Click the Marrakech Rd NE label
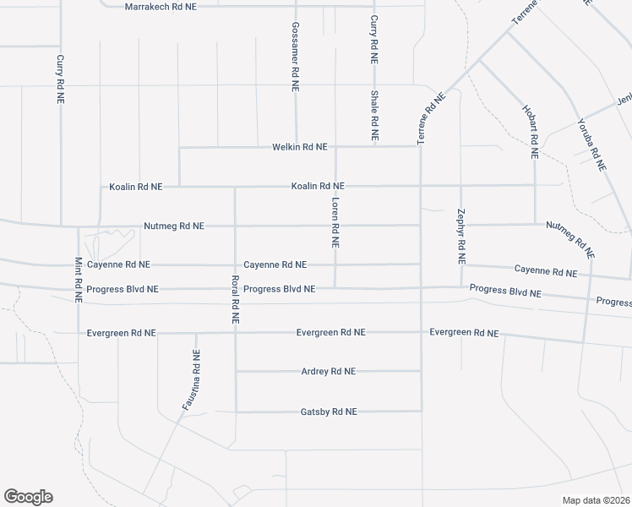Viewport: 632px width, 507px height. [161, 6]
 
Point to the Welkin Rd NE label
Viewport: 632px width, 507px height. [299, 147]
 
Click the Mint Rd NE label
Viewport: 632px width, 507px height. [79, 280]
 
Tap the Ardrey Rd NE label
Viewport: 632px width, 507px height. [329, 371]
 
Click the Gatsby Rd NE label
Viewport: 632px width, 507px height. [329, 412]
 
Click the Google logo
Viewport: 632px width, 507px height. [28, 497]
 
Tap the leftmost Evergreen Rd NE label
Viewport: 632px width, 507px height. [122, 333]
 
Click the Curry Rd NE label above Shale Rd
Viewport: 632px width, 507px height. [373, 39]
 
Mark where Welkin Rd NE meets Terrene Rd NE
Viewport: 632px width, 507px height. [420, 146]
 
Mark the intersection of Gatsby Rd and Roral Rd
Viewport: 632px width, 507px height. [236, 412]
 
